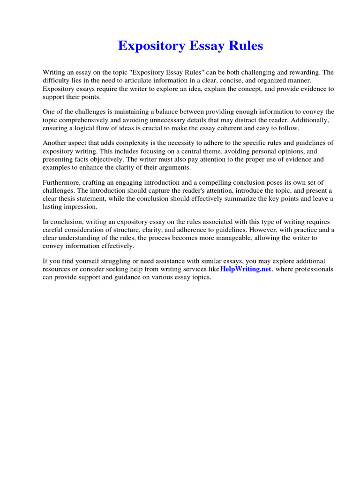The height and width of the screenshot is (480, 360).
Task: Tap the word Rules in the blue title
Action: pos(246,46)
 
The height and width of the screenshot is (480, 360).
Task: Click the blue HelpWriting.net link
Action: pos(246,270)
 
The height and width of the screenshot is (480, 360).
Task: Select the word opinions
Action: pos(289,151)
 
